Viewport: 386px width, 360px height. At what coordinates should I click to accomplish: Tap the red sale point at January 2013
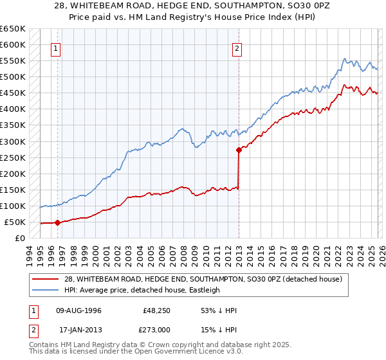239,150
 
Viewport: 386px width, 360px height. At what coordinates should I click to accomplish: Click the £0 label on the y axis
19,239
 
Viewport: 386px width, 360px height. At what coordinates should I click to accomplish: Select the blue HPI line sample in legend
45,290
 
